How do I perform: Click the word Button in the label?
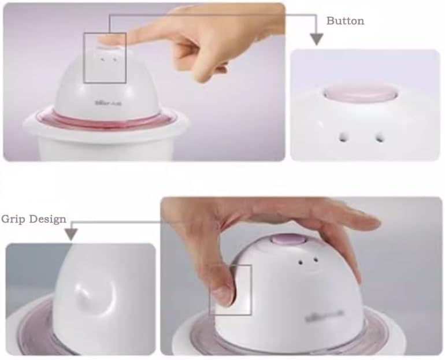tap(345, 21)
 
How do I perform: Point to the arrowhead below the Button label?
tap(316, 39)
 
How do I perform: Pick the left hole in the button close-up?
tap(344, 136)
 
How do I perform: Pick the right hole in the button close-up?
tap(380, 136)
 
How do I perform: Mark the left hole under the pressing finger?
tap(101, 58)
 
